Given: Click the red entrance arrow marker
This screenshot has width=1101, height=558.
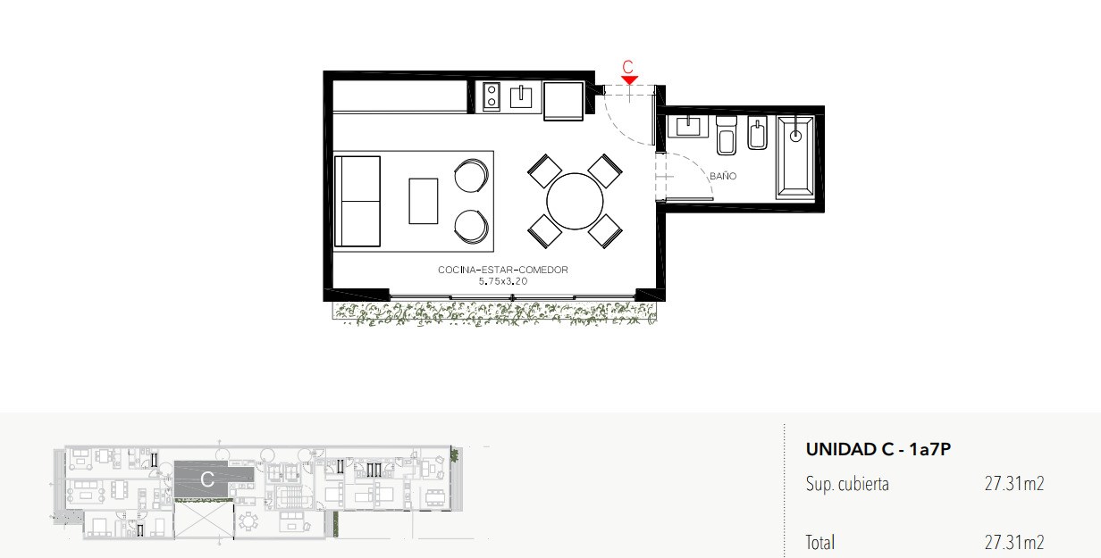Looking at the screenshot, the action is pyautogui.click(x=629, y=80).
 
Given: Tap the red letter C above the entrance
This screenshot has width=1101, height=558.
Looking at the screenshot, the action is pyautogui.click(x=627, y=67).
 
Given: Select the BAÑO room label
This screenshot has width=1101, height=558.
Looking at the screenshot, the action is pyautogui.click(x=723, y=176).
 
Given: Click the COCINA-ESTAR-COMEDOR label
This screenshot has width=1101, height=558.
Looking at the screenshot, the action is pyautogui.click(x=503, y=270).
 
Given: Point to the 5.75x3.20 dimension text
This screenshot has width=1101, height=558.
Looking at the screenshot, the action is pyautogui.click(x=503, y=281).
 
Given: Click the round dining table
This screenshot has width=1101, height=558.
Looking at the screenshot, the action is pyautogui.click(x=575, y=202).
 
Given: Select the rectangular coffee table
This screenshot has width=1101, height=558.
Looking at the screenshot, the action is pyautogui.click(x=424, y=202).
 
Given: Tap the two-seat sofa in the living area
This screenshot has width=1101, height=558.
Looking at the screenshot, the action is pyautogui.click(x=357, y=202).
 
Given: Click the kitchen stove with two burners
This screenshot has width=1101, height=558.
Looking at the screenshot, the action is pyautogui.click(x=492, y=96).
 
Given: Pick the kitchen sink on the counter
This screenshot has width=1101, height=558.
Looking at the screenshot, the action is pyautogui.click(x=521, y=96).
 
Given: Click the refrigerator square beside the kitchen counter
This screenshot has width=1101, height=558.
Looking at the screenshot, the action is pyautogui.click(x=564, y=101).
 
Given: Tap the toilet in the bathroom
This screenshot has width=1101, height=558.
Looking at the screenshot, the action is pyautogui.click(x=727, y=136).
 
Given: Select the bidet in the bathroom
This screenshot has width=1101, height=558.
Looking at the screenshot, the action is pyautogui.click(x=758, y=133).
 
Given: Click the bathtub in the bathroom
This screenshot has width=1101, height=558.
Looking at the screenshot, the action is pyautogui.click(x=794, y=158).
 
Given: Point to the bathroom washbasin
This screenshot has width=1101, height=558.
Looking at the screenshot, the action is pyautogui.click(x=688, y=126).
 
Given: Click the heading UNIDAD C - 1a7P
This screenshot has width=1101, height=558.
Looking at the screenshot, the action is pyautogui.click(x=878, y=449).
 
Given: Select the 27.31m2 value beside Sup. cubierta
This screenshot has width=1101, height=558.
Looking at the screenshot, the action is pyautogui.click(x=1014, y=484).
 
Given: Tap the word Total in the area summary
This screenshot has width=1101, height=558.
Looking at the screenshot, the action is pyautogui.click(x=820, y=542).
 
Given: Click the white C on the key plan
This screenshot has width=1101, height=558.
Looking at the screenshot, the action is pyautogui.click(x=207, y=479).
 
